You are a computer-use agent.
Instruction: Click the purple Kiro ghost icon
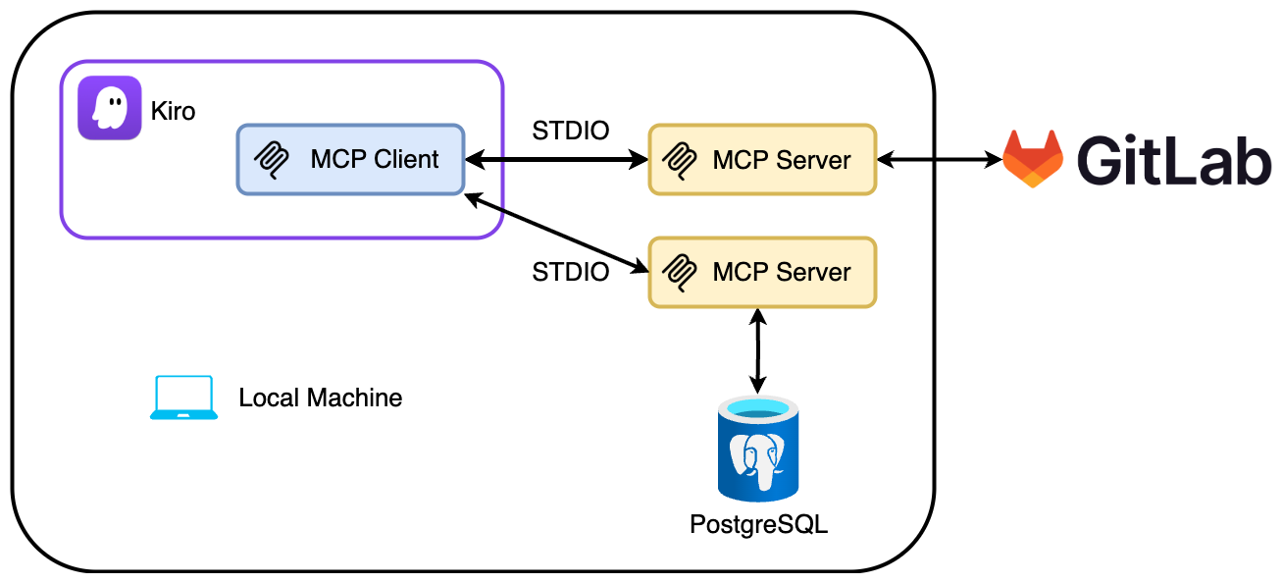[110, 108]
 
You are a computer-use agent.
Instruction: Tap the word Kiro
[173, 112]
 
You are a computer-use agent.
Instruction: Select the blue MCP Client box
[350, 158]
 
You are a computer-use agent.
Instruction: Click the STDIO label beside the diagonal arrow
[570, 272]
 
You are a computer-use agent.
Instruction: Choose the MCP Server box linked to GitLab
[762, 159]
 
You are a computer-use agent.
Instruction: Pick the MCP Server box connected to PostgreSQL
[762, 272]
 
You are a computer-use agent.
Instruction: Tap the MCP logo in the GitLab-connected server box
[681, 159]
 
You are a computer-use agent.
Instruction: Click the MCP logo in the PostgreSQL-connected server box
[681, 272]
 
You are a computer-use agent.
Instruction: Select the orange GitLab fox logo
[1032, 158]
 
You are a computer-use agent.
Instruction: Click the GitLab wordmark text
[1173, 159]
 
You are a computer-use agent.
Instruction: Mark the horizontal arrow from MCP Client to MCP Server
[556, 159]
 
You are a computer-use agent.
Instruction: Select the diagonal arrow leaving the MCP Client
[556, 231]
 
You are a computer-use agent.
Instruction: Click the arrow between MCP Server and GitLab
[938, 159]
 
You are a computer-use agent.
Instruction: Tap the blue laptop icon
[183, 397]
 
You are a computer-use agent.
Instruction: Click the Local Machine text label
[320, 397]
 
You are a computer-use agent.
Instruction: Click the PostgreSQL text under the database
[758, 524]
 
